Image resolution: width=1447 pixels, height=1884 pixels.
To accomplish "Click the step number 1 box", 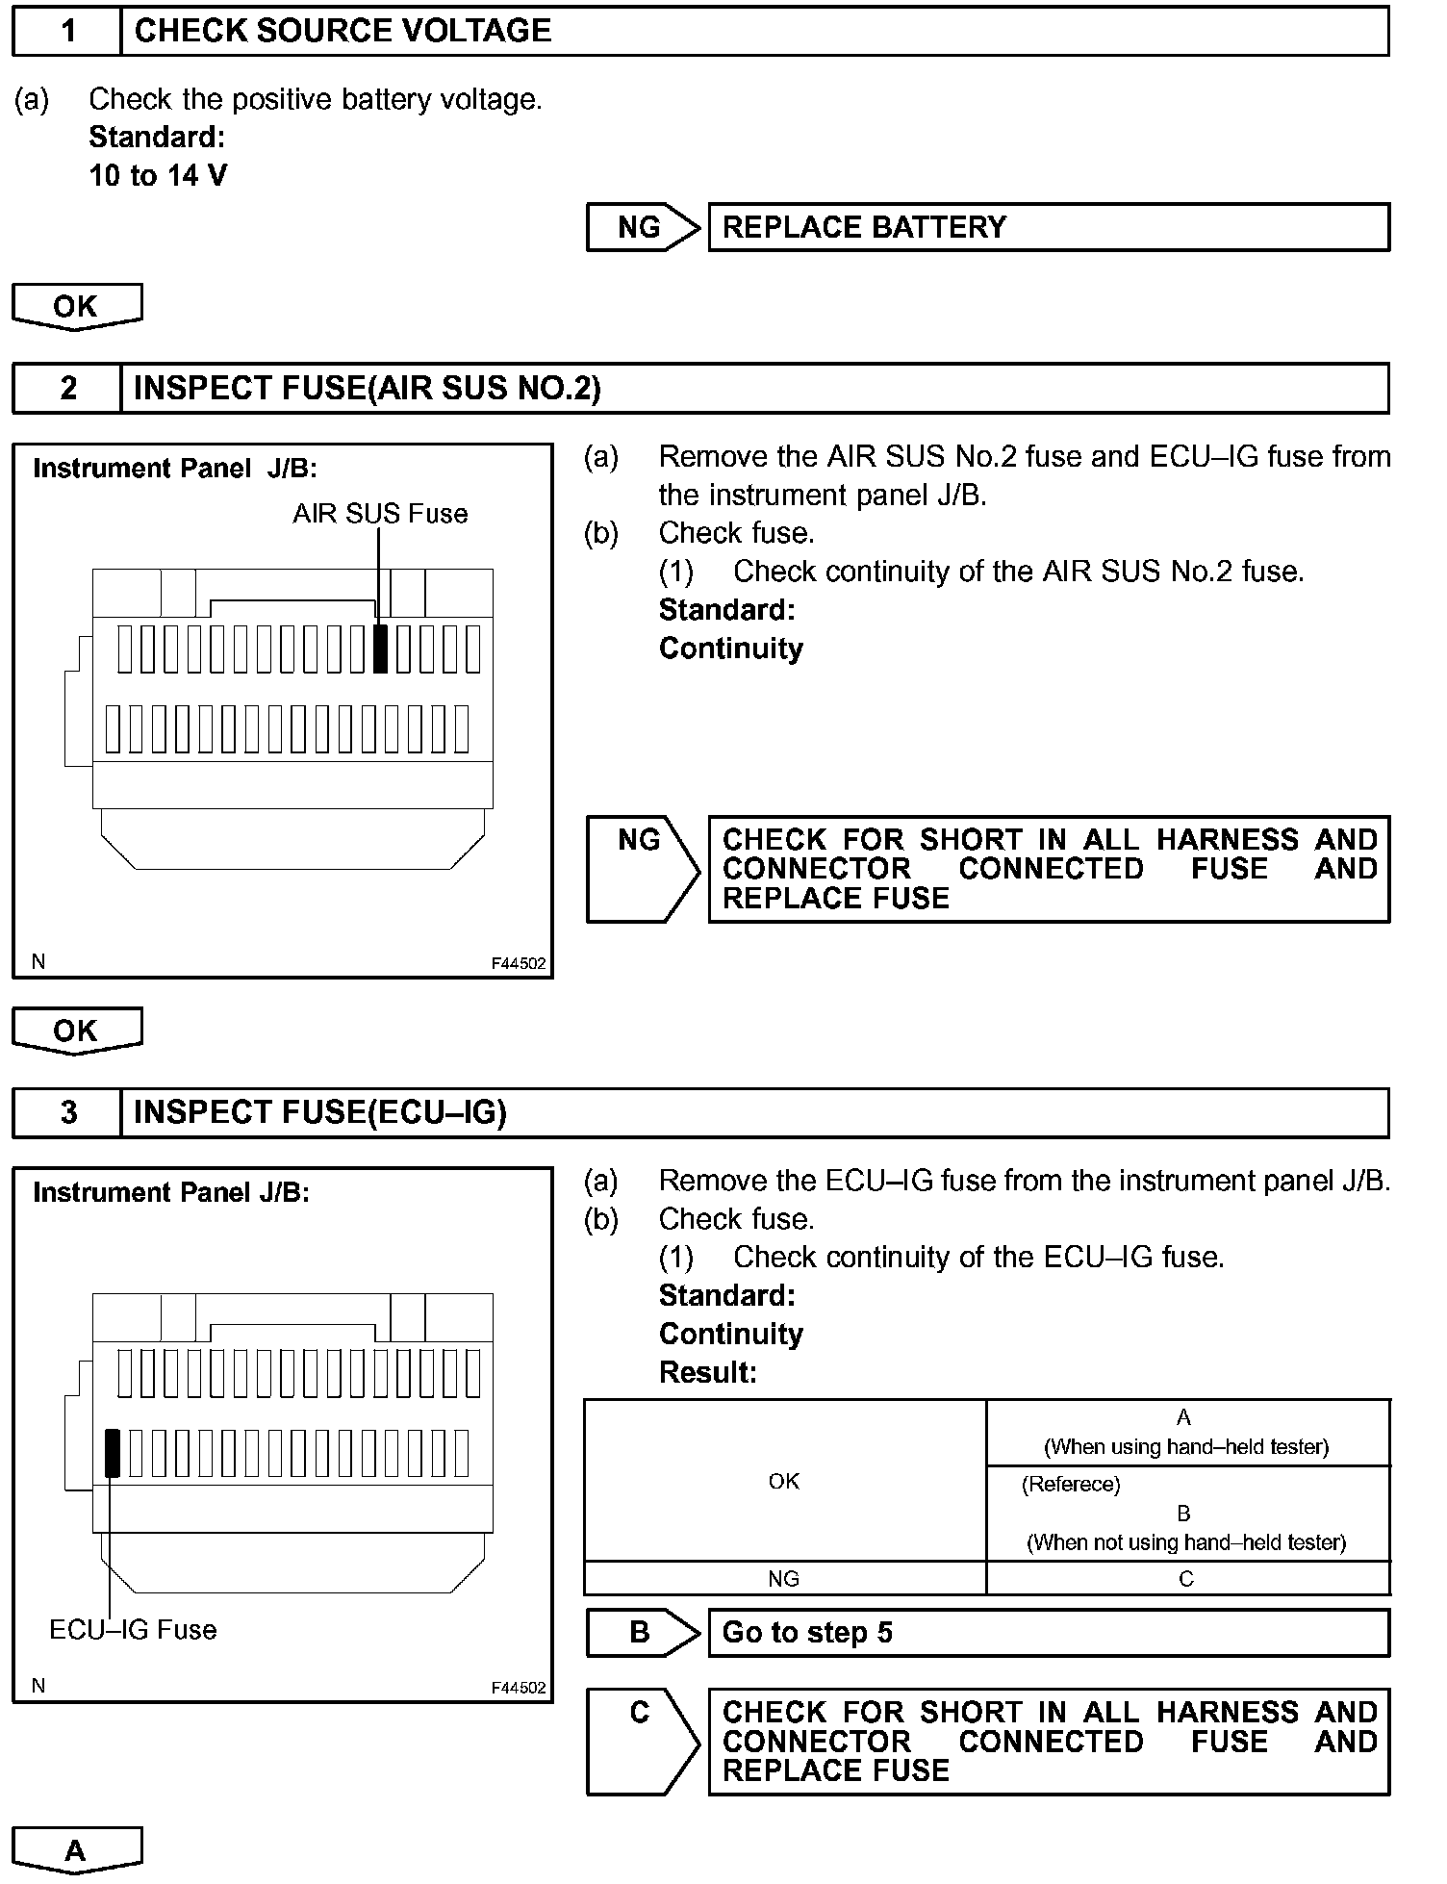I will pos(67,31).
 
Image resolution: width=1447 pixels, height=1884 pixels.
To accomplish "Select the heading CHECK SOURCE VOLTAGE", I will pos(343,31).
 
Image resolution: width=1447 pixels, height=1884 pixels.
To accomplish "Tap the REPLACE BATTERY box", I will pos(1048,227).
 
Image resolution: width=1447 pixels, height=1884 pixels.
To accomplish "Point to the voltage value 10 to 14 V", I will pos(158,175).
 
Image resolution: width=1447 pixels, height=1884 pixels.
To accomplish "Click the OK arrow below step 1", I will pos(76,306).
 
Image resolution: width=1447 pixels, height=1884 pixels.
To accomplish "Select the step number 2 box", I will pos(67,388).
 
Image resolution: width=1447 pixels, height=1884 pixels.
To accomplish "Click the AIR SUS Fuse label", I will pos(380,514).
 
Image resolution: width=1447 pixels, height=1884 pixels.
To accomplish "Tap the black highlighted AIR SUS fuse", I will pos(380,649).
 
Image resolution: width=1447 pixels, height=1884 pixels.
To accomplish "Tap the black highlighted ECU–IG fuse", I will pos(113,1453).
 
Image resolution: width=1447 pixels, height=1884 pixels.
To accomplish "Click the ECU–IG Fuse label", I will pos(133,1630).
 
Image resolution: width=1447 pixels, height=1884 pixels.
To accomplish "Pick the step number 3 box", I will pos(67,1112).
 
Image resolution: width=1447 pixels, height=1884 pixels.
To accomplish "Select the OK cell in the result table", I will pos(784,1481).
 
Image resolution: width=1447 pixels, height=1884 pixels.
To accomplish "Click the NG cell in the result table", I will pos(784,1578).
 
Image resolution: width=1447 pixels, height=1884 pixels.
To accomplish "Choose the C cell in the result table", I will pos(1186,1578).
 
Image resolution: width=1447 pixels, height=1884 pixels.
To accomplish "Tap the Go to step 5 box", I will pos(1048,1633).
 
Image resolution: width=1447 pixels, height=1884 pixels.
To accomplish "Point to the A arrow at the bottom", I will pos(76,1849).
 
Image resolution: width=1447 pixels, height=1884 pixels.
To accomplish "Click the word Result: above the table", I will pos(708,1372).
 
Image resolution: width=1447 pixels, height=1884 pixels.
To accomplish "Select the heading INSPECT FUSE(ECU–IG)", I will pos(319,1112).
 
